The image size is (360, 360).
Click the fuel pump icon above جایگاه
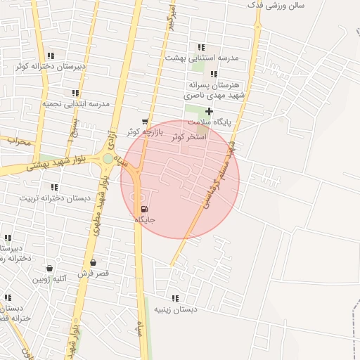click(x=144, y=209)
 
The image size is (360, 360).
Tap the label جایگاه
click(x=144, y=220)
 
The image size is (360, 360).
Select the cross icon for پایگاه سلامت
click(x=209, y=111)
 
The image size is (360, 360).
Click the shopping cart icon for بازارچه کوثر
click(x=145, y=121)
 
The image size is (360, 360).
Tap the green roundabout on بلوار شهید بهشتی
click(x=108, y=159)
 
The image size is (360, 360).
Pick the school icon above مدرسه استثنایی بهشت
click(x=202, y=47)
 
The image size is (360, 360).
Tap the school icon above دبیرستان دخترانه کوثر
click(x=51, y=56)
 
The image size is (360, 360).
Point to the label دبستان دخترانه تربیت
click(x=56, y=198)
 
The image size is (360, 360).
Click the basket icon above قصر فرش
click(x=93, y=263)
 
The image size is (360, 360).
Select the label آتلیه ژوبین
click(x=49, y=278)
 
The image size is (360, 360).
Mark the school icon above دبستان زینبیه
click(x=175, y=298)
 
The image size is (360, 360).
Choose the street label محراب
click(x=19, y=141)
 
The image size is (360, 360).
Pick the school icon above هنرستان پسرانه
click(x=214, y=74)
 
